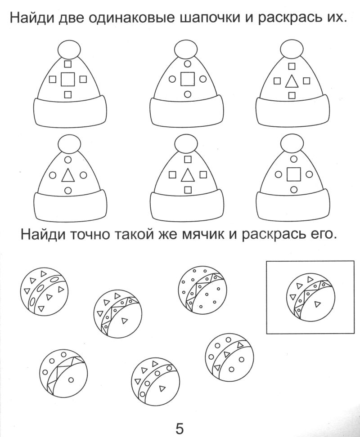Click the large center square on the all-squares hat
click(68, 80)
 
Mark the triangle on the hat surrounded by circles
click(67, 176)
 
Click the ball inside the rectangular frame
click(310, 297)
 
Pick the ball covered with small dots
click(202, 290)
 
